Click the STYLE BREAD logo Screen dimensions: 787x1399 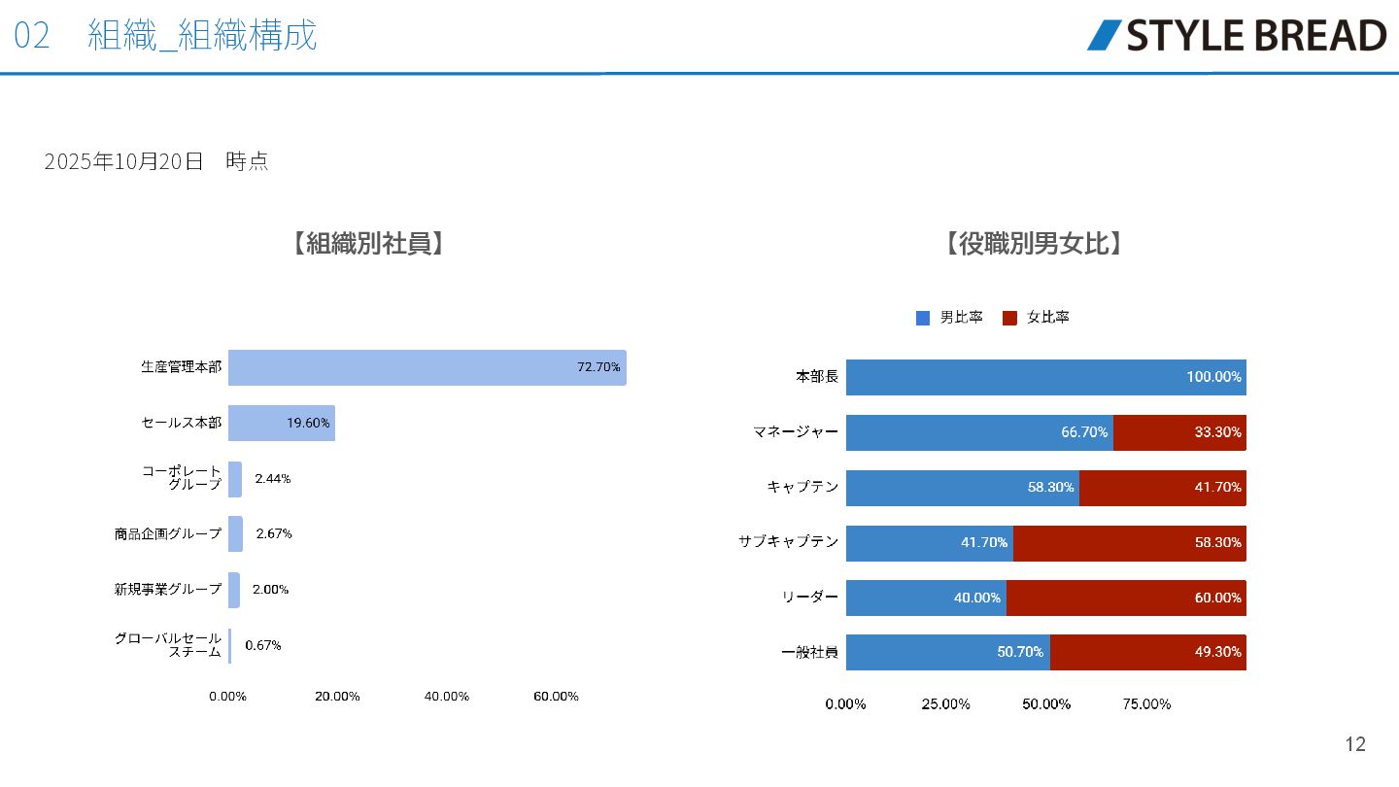coord(1236,35)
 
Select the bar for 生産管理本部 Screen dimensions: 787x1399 coord(427,367)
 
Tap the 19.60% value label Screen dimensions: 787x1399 coord(308,423)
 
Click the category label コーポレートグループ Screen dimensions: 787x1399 coord(182,477)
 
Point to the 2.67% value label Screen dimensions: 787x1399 coord(274,533)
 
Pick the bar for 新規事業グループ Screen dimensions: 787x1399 coord(234,590)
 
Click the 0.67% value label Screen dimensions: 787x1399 coord(263,645)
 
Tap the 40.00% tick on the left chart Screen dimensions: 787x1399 coord(447,697)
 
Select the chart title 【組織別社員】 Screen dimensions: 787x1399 coord(368,244)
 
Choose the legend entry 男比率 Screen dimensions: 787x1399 coord(950,318)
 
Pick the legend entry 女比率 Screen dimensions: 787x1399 coord(1037,318)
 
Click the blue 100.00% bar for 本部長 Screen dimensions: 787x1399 coord(1045,377)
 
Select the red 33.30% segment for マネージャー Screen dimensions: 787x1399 coord(1179,432)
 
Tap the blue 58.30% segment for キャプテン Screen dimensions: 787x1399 coord(962,488)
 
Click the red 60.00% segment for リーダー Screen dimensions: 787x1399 coord(1126,598)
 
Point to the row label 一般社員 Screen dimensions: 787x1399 coord(809,653)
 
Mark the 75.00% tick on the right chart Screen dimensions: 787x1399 coord(1147,704)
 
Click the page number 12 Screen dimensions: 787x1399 coord(1355,744)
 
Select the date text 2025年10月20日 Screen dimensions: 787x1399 coord(124,161)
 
